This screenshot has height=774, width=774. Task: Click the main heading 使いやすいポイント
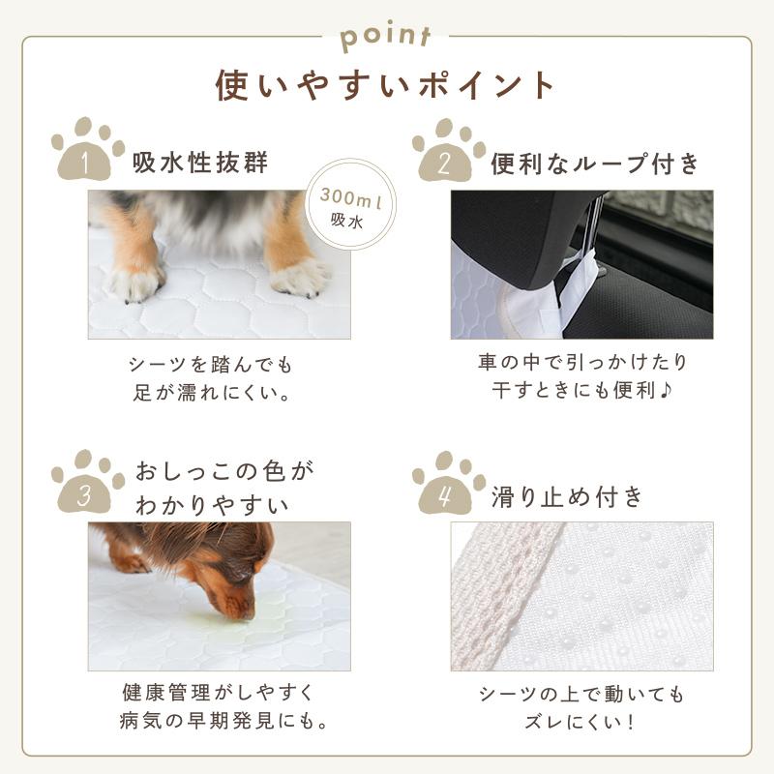pyautogui.click(x=386, y=84)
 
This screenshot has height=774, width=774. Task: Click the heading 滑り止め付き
pyautogui.click(x=567, y=497)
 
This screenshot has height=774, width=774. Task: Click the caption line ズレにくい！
pyautogui.click(x=581, y=722)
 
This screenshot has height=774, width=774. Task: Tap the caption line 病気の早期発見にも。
pyautogui.click(x=218, y=722)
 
